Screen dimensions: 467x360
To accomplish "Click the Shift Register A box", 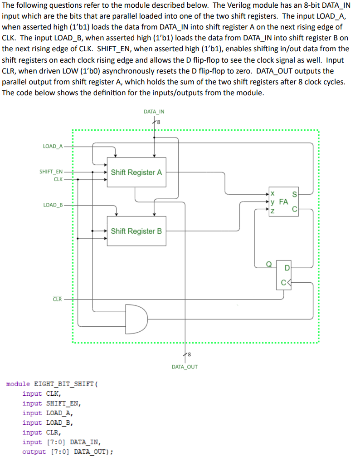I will [136, 172].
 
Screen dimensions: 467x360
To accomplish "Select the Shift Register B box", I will [136, 231].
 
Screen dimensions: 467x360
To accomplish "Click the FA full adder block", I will [284, 201].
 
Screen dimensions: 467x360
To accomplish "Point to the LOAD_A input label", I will [53, 146].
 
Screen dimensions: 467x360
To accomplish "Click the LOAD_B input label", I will [53, 205].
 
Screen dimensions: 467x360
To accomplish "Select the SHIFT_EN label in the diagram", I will [51, 172].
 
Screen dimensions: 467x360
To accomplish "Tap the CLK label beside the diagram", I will [58, 179].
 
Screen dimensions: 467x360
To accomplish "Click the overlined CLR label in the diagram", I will [57, 299].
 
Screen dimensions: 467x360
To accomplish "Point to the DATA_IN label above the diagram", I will [154, 111].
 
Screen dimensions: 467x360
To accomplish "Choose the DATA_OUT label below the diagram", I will [185, 367].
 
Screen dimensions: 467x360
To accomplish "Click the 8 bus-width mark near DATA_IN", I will [158, 121].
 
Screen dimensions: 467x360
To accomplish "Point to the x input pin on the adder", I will [272, 194].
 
